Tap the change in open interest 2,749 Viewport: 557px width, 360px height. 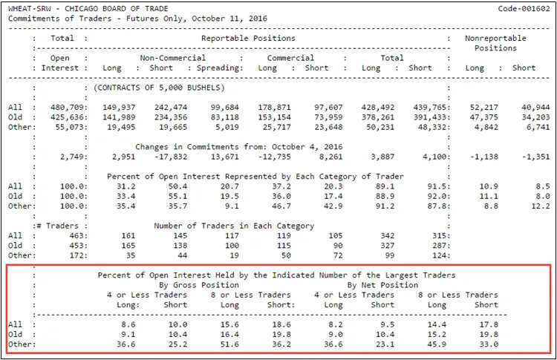pyautogui.click(x=69, y=157)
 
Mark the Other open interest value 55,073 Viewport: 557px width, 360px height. pyautogui.click(x=69, y=127)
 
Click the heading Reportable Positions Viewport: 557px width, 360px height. pyautogui.click(x=248, y=38)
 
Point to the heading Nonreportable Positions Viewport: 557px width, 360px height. pyautogui.click(x=495, y=43)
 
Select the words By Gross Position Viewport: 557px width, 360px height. pyautogui.click(x=201, y=285)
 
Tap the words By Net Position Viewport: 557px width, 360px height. pyautogui.click(x=382, y=285)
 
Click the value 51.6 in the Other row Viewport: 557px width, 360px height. pyautogui.click(x=229, y=344)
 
